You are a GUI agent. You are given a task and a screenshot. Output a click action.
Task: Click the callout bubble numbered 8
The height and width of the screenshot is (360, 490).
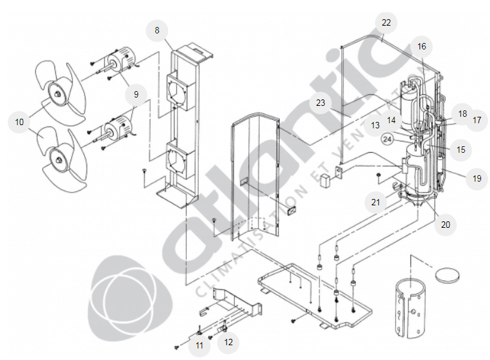coord(157,30)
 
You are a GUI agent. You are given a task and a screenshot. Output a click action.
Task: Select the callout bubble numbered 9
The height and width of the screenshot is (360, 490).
coord(136,94)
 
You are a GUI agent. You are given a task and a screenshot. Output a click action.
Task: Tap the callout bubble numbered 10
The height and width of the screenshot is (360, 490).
coord(19,122)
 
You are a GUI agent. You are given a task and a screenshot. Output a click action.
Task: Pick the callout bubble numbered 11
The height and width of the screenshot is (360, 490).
coord(199,345)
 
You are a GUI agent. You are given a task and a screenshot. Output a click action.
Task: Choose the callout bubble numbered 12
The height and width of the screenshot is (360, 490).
coord(228,342)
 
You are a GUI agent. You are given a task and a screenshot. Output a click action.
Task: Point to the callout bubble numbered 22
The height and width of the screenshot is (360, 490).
coord(386,23)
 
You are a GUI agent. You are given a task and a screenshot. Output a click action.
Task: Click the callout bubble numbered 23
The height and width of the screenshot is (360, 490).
coord(321,103)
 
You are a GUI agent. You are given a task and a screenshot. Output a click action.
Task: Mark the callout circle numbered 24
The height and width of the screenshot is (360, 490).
coord(387,139)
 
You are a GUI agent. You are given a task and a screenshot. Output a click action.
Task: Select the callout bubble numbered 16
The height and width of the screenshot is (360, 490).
coord(421,47)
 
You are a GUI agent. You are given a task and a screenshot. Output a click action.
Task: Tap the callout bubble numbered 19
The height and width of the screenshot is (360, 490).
coord(477,178)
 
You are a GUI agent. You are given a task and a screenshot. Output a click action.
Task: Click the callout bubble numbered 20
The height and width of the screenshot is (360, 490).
coord(446,225)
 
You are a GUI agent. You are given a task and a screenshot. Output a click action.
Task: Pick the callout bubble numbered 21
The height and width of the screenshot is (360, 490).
coord(376,202)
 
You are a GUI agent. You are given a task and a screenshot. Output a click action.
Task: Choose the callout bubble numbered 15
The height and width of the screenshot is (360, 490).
coord(461,150)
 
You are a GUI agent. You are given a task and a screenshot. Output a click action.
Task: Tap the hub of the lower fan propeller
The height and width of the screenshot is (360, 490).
coord(58,159)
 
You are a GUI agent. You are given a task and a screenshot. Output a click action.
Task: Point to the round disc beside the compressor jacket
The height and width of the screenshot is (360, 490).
coord(447,275)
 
